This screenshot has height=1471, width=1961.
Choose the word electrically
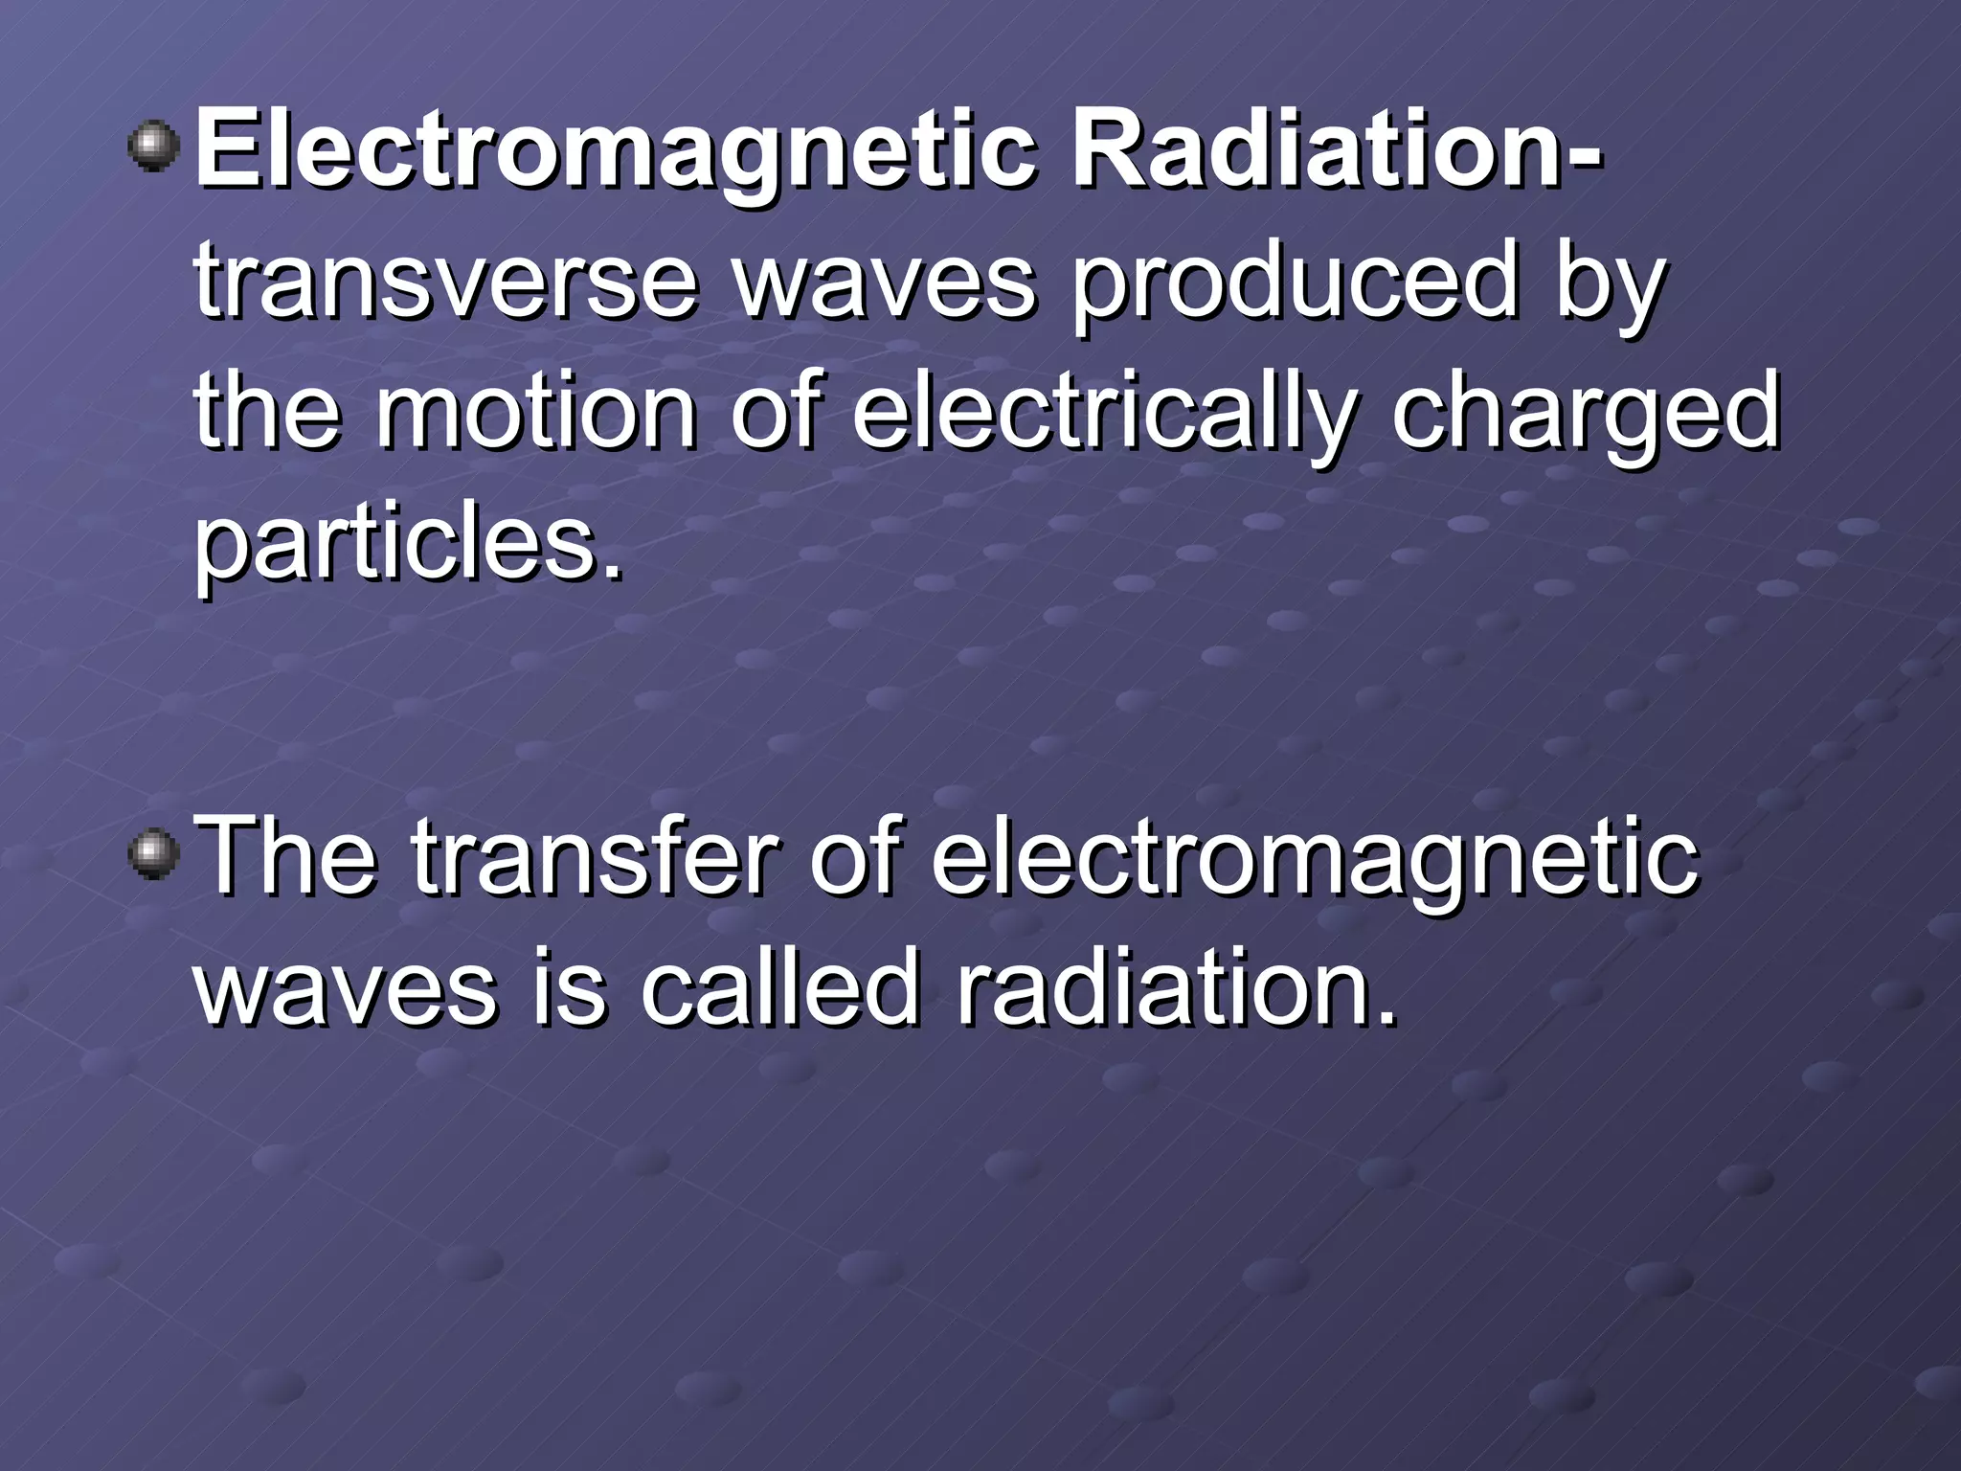pyautogui.click(x=1102, y=417)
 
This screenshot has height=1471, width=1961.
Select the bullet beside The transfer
pyautogui.click(x=153, y=852)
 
